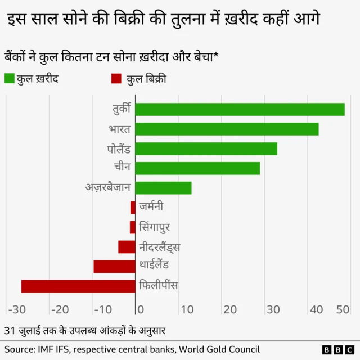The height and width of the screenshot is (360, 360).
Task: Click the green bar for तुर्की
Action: coord(240,109)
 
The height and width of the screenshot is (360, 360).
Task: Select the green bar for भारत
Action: coord(227,129)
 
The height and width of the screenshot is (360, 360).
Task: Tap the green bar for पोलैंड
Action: coord(206,148)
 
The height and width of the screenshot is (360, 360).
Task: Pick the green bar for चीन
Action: coord(197,168)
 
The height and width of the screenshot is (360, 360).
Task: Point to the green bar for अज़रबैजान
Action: coord(163,188)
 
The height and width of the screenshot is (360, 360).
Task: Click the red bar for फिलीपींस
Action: coord(78,286)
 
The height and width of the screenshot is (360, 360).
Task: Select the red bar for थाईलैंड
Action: coord(114,266)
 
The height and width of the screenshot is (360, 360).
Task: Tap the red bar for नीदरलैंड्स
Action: coord(127,246)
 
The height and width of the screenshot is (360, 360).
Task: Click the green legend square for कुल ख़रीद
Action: coord(10,79)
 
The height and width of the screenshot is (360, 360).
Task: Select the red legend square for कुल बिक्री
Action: coord(116,79)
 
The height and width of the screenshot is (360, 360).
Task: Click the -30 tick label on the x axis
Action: coord(16,309)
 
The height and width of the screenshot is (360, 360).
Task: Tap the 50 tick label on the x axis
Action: coord(343,309)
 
